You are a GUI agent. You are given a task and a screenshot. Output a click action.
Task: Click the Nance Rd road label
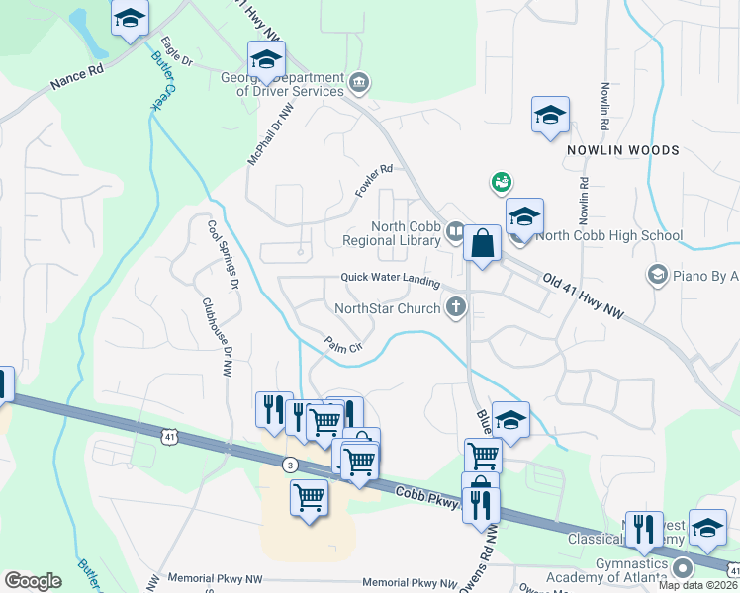80,86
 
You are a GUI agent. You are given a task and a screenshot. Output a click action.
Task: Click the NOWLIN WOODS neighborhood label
623,150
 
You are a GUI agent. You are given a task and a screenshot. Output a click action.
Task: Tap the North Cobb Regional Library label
391,233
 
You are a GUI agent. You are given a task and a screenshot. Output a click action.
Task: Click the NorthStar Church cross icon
457,307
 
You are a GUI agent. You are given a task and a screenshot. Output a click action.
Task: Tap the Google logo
33,581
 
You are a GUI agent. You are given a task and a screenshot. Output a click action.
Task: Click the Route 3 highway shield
289,463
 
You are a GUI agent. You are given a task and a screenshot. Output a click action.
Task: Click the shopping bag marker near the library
482,245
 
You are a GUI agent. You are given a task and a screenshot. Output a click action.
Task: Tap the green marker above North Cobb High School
501,182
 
